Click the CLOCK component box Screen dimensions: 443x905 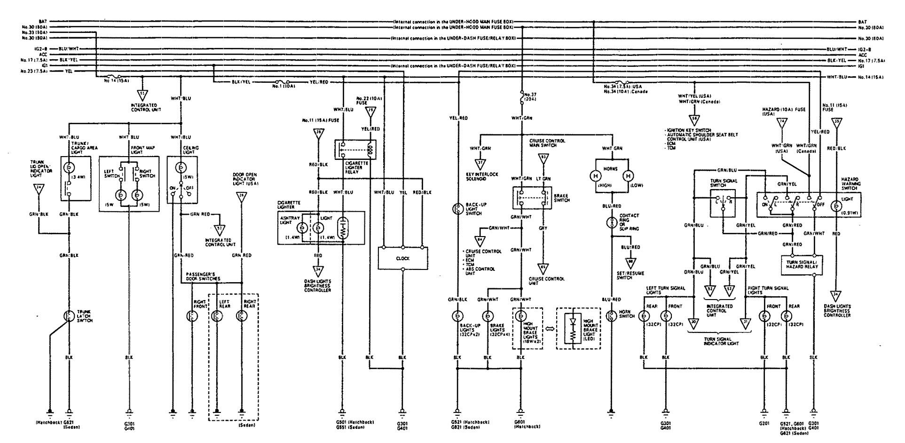pyautogui.click(x=403, y=258)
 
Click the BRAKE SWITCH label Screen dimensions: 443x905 pyautogui.click(x=562, y=198)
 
